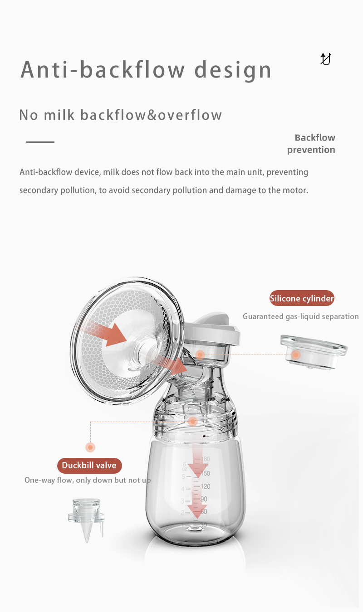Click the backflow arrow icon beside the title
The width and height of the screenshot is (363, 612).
pos(325,59)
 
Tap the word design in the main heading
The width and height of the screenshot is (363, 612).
pos(233,70)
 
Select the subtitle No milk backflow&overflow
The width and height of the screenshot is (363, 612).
pos(120,115)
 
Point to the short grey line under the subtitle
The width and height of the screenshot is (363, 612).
pos(40,142)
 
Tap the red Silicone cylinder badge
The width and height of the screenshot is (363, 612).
pos(302,298)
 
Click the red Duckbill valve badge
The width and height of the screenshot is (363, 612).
pos(89,465)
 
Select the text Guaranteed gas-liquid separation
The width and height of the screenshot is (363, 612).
pos(300,316)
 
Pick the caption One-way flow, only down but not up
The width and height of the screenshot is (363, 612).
pos(88,480)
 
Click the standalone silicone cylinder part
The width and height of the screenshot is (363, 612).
pos(314,349)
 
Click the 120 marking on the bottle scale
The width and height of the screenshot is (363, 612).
pos(206,486)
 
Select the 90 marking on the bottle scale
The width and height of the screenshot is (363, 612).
pos(204,499)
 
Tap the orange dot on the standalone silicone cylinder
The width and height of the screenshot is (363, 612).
pos(296,355)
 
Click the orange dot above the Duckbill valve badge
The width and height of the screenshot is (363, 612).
pos(90,447)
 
